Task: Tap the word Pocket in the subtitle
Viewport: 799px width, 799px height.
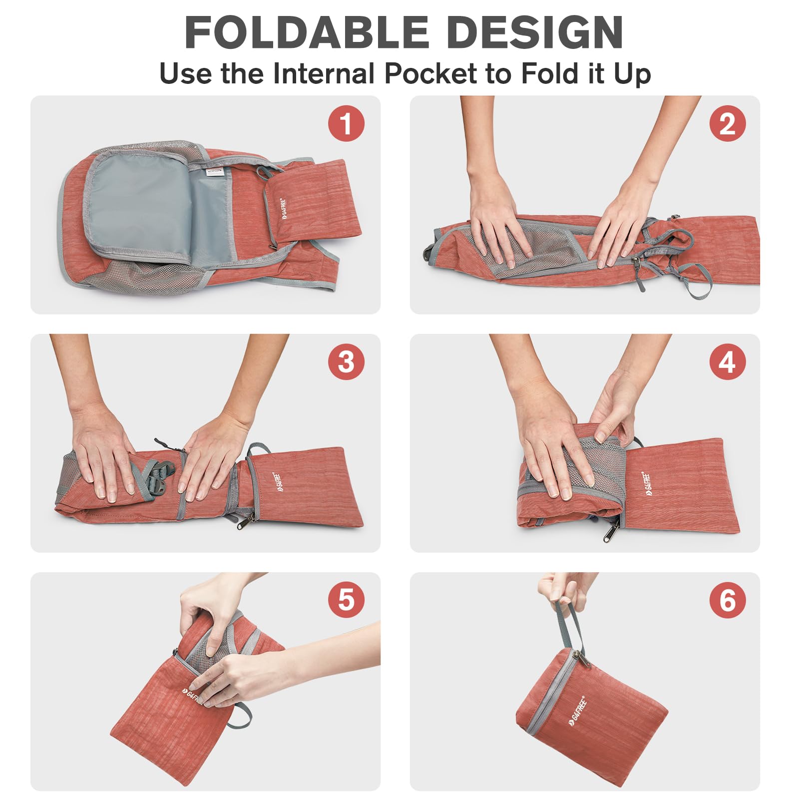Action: point(430,73)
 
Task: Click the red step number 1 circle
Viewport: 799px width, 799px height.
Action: point(346,123)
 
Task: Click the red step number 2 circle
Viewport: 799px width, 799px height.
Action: point(728,123)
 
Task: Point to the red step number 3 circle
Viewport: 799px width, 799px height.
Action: point(346,362)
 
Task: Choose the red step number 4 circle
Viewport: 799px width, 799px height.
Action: point(728,362)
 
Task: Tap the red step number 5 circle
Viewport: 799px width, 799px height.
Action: point(346,600)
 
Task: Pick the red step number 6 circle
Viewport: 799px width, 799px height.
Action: point(728,600)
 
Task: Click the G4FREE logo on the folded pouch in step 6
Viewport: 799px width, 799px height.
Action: point(577,712)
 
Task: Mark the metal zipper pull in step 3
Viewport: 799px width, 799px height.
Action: point(245,520)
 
